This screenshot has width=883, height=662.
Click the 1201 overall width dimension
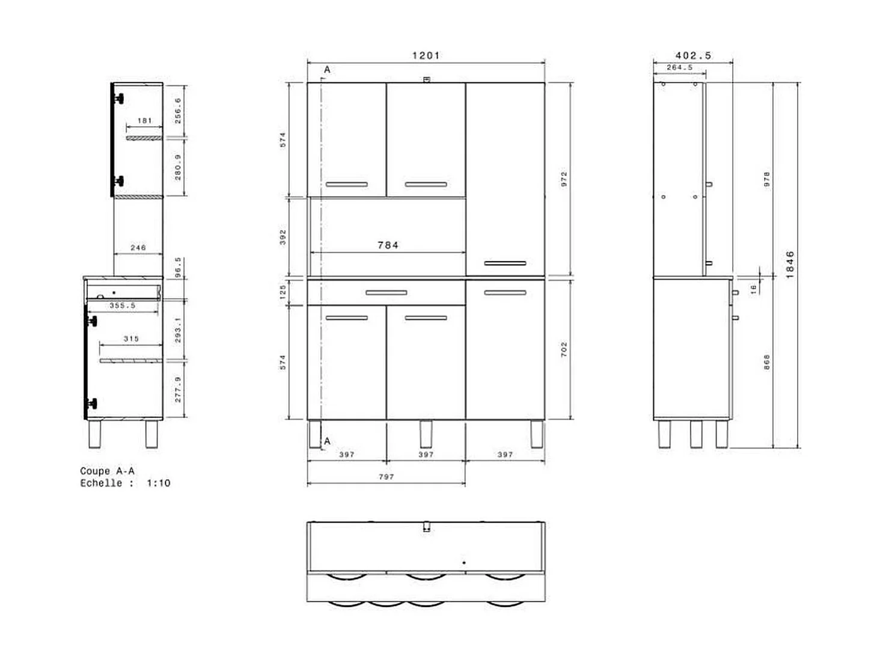pyautogui.click(x=426, y=55)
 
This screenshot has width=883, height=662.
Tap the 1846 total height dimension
pyautogui.click(x=790, y=265)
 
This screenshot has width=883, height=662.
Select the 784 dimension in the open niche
pyautogui.click(x=388, y=245)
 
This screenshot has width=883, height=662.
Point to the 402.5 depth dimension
pyautogui.click(x=692, y=55)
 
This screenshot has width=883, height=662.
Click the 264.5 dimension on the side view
pyautogui.click(x=679, y=67)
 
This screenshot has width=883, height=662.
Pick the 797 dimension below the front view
pyautogui.click(x=386, y=476)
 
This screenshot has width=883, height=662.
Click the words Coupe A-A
pyautogui.click(x=107, y=471)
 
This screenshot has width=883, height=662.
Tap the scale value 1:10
pyautogui.click(x=158, y=483)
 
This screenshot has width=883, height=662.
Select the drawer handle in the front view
pyautogui.click(x=386, y=293)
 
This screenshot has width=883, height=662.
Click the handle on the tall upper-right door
pyautogui.click(x=505, y=263)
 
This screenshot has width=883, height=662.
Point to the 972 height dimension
pyautogui.click(x=564, y=179)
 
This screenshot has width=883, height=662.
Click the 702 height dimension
pyautogui.click(x=564, y=349)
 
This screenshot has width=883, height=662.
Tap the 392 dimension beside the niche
pyautogui.click(x=283, y=237)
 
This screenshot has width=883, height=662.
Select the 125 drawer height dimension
pyautogui.click(x=283, y=292)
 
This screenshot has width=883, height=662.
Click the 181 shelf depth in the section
pyautogui.click(x=144, y=121)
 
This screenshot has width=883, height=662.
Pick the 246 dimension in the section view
pyautogui.click(x=138, y=247)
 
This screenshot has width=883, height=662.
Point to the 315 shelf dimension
pyautogui.click(x=131, y=339)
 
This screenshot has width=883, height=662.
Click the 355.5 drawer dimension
pyautogui.click(x=122, y=305)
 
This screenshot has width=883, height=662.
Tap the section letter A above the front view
pyautogui.click(x=327, y=70)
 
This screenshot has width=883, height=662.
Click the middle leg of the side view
pyautogui.click(x=696, y=434)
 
